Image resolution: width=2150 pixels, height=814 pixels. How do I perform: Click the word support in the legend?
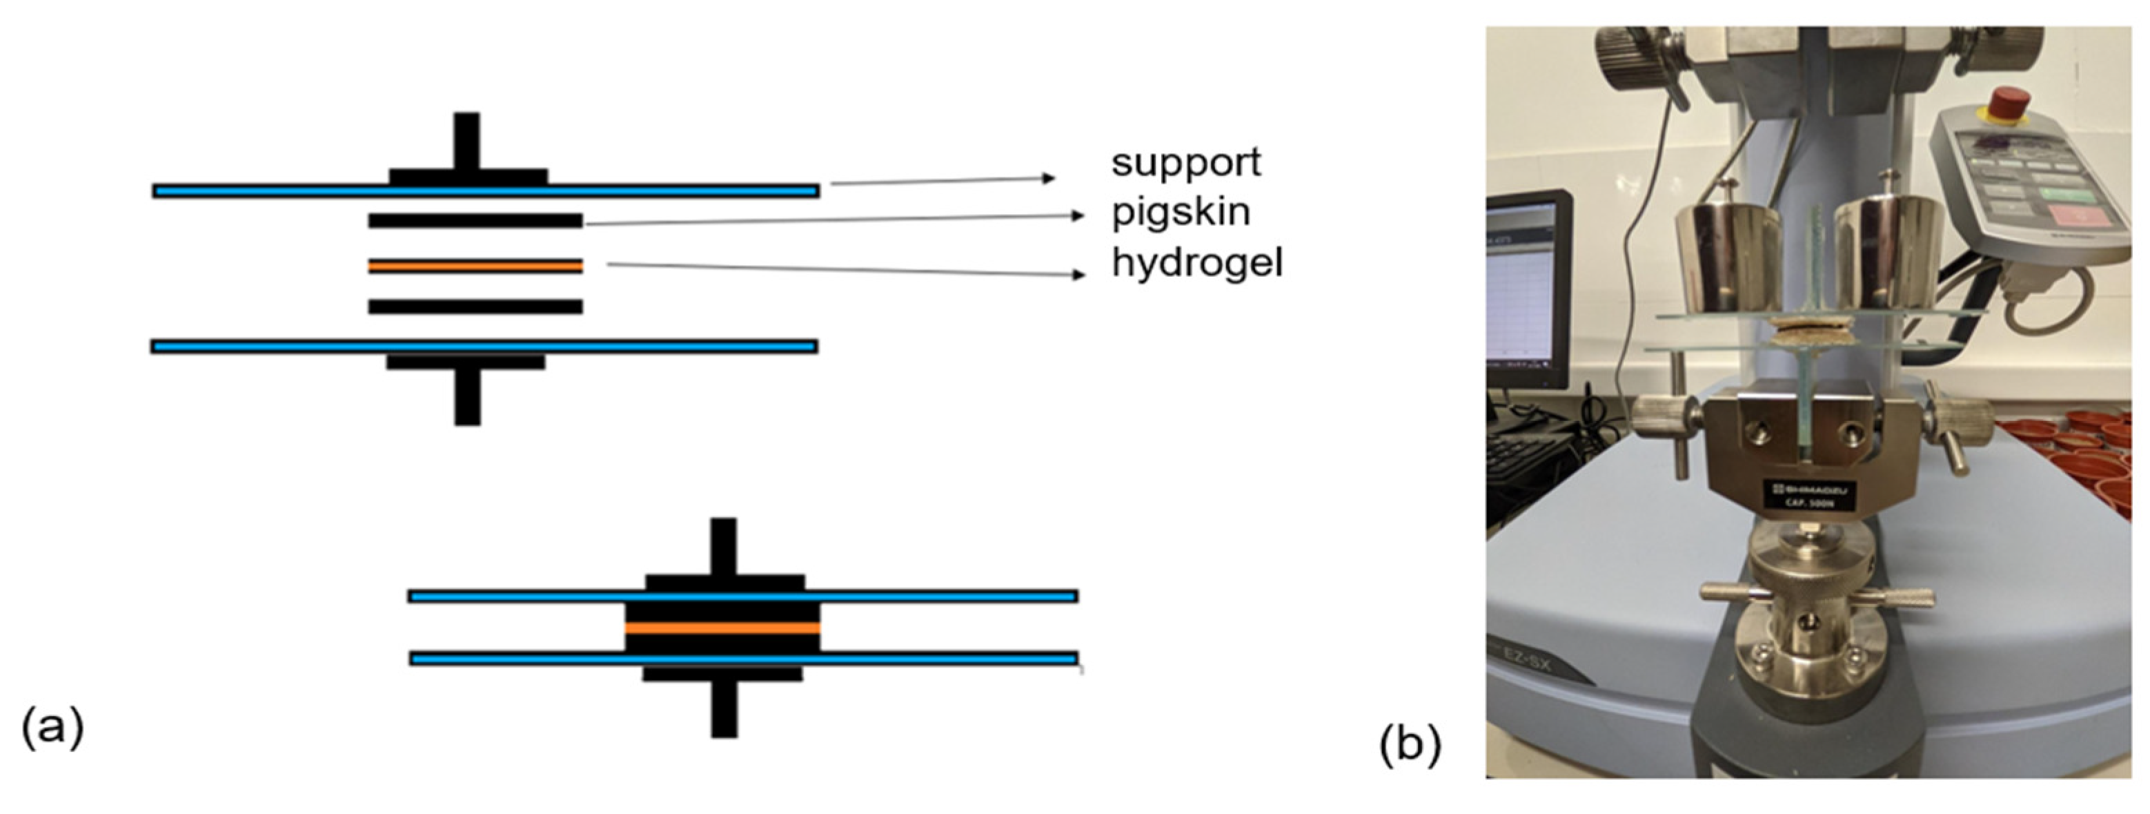point(1185,162)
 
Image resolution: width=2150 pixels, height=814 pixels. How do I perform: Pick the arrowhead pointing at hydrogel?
point(1078,274)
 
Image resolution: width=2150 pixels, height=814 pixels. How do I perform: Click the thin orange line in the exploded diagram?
point(475,267)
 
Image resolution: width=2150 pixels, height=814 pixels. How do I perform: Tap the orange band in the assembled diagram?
point(722,628)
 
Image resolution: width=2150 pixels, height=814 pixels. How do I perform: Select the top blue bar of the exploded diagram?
point(485,191)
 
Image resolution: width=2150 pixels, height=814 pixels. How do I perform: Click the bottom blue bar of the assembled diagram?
point(743,659)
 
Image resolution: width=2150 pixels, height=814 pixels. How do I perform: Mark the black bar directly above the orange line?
point(475,221)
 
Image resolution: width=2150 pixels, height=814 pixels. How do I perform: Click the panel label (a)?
point(52,726)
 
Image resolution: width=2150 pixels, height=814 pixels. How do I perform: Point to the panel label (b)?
point(1410,743)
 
